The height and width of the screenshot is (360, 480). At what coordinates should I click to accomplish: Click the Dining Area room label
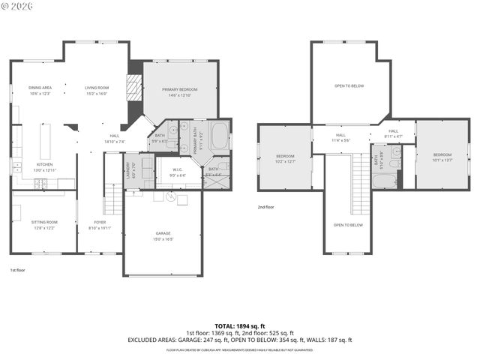tap(39, 91)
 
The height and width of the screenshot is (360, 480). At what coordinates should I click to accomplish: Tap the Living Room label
tap(97, 91)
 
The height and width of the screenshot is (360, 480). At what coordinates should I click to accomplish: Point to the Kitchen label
tap(45, 167)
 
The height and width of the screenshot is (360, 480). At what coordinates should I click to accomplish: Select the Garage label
tap(163, 235)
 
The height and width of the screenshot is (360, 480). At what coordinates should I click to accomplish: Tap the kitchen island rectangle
tap(45, 141)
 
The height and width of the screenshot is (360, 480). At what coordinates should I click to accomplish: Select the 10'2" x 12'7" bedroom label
tap(285, 159)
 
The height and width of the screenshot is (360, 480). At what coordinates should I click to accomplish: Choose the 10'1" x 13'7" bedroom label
tap(442, 157)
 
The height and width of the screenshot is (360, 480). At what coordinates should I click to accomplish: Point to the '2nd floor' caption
tap(267, 207)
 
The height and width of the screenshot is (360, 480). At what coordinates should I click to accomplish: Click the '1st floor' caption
tap(18, 269)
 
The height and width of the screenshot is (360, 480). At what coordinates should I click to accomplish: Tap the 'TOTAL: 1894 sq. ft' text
tap(239, 326)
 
